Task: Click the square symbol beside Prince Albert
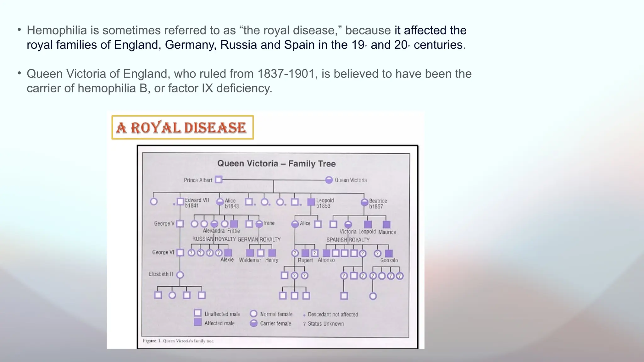coord(219,180)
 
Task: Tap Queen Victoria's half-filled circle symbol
coord(329,180)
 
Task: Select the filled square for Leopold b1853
coord(311,202)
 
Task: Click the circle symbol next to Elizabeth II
coord(180,275)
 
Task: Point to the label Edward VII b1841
coord(197,203)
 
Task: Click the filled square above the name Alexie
coord(228,253)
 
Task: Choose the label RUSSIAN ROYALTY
coord(214,239)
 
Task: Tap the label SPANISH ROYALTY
coord(348,240)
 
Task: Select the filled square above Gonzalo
coord(389,253)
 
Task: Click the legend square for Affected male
coord(197,322)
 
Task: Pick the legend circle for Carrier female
coord(253,323)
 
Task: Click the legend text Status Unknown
coord(325,324)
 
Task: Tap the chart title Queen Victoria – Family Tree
coord(276,163)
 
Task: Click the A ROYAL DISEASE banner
coord(182,127)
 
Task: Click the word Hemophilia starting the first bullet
coord(57,30)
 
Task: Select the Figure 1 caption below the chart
coord(178,341)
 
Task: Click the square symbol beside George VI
coord(180,253)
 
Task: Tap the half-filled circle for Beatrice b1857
coord(364,202)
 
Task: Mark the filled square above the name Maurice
coord(387,224)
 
